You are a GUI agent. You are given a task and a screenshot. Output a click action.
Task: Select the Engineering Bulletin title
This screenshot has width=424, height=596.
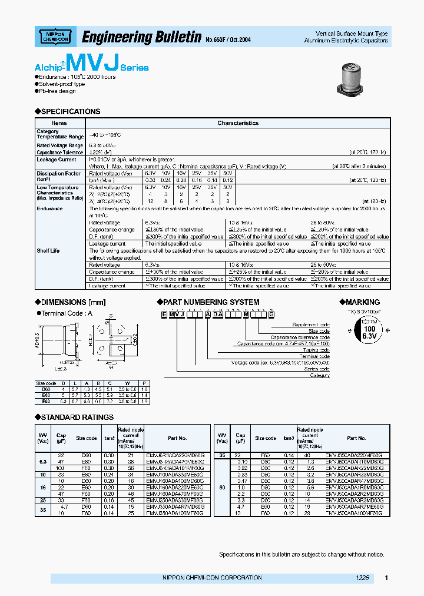(x=141, y=38)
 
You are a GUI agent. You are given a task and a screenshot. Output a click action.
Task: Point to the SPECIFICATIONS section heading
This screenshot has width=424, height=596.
(x=71, y=111)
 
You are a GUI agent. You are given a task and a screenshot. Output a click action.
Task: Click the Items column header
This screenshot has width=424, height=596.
(x=59, y=123)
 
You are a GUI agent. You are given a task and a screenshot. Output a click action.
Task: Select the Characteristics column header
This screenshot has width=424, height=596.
(x=238, y=123)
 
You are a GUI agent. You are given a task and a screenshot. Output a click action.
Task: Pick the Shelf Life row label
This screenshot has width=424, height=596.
(x=48, y=250)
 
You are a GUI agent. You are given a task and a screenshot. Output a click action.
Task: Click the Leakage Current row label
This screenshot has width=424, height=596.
(x=57, y=160)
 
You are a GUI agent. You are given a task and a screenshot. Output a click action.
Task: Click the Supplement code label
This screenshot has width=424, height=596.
(x=311, y=325)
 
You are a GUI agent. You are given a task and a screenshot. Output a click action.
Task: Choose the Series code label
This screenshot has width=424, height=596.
(x=315, y=369)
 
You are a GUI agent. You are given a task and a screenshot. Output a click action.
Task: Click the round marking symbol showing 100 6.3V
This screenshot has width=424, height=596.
(x=369, y=332)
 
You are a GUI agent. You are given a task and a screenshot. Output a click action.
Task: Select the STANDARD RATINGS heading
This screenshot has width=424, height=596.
(x=77, y=417)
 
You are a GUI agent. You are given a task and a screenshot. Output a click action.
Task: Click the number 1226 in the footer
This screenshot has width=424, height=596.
(x=362, y=578)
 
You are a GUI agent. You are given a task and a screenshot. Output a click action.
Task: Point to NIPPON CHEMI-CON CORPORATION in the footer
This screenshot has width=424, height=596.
(x=212, y=578)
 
